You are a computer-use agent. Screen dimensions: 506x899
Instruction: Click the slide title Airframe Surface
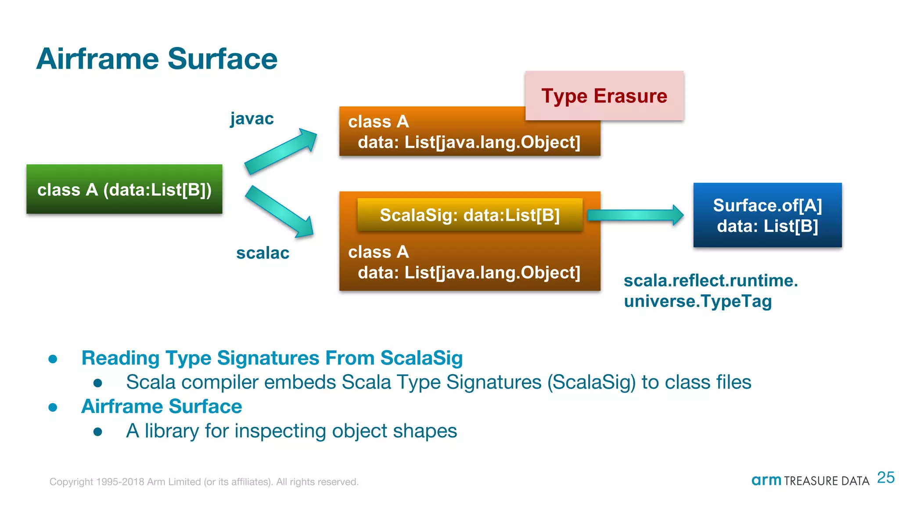coord(157,59)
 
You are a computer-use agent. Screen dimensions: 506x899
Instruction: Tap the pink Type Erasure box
coord(604,96)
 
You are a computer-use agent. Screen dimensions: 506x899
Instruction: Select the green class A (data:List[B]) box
coord(124,189)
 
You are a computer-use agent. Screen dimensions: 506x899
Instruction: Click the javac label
coord(252,119)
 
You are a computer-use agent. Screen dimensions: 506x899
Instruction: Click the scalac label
coord(263,253)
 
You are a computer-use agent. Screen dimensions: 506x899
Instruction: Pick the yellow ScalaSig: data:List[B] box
coord(469,215)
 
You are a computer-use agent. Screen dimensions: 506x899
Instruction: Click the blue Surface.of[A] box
coord(767,215)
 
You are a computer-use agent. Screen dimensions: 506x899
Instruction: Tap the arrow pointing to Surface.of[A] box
coord(635,215)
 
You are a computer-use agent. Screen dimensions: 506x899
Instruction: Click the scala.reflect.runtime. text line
coord(710,281)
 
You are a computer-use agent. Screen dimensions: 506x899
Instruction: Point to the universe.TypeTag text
coord(698,301)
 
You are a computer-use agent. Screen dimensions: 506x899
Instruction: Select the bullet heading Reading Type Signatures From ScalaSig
coord(272,358)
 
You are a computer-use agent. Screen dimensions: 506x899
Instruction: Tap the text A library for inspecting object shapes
coord(291,431)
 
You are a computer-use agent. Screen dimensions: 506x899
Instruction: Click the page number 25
coord(885,477)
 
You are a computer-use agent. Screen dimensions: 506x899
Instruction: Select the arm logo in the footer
coord(766,481)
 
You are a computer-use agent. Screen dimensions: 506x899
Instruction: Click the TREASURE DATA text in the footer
coord(826,481)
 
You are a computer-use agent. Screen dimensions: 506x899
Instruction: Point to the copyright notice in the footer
coord(204,482)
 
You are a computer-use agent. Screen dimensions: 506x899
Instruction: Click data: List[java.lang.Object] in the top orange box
coord(469,142)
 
